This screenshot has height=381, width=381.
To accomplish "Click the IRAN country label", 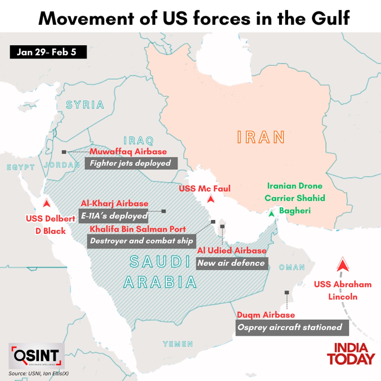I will click(261, 137).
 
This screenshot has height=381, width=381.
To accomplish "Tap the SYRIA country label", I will click(85, 105).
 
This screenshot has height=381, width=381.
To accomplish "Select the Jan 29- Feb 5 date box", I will click(48, 52).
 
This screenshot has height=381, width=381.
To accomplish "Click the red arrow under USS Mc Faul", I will click(210, 199).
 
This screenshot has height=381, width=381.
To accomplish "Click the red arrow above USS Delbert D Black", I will click(47, 203).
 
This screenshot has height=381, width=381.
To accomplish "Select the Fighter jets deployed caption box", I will click(131, 164).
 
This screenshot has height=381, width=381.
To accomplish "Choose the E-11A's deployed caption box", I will click(114, 216).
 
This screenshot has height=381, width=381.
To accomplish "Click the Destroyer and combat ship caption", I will click(141, 241).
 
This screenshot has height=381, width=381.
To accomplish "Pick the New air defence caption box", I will click(232, 263).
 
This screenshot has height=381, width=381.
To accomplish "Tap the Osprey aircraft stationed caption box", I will click(292, 328).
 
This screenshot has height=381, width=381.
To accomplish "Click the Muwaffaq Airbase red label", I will click(128, 151).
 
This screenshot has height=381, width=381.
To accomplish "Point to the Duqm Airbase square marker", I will click(287, 292).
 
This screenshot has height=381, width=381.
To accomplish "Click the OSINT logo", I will click(37, 356).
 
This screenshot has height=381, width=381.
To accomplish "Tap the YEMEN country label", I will click(178, 344).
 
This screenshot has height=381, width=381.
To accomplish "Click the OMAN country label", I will click(292, 267).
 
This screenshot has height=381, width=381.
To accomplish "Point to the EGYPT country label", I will click(21, 167).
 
